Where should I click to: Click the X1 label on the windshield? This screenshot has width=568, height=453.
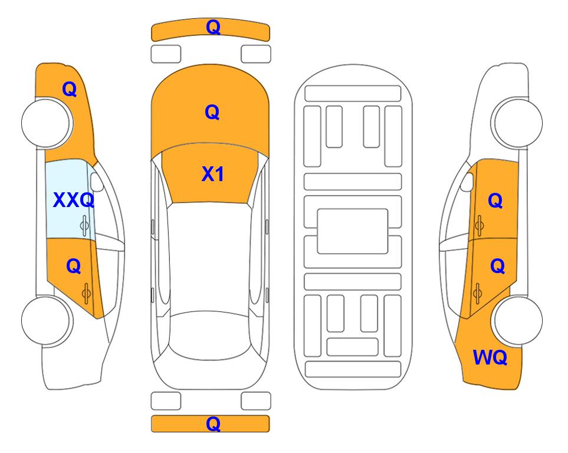click(x=212, y=174)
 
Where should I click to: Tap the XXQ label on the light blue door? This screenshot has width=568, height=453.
click(x=74, y=200)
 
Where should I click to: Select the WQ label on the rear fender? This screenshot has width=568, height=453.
click(x=490, y=357)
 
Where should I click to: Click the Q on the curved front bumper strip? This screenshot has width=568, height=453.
click(x=213, y=27)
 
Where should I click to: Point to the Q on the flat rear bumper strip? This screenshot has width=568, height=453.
click(x=213, y=424)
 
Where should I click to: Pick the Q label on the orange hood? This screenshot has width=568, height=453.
click(x=212, y=112)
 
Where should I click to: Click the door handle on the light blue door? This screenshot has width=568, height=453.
click(x=84, y=225)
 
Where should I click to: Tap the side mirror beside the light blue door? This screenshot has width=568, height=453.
click(x=97, y=182)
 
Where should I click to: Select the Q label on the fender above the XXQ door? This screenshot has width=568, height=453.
click(x=69, y=89)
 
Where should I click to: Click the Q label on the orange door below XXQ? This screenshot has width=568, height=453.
click(x=74, y=267)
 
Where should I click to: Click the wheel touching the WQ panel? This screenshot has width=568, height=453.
click(x=517, y=320)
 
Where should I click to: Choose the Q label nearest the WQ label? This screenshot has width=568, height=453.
click(x=497, y=267)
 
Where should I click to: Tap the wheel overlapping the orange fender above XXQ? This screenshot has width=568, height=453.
click(x=47, y=123)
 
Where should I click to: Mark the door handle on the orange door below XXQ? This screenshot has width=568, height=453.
click(x=86, y=294)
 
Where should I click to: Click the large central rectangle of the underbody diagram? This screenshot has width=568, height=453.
click(x=353, y=231)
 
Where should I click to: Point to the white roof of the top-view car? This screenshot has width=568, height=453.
click(x=210, y=257)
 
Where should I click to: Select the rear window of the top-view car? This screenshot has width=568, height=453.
click(x=210, y=336)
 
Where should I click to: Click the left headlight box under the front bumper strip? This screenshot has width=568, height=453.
click(x=166, y=54)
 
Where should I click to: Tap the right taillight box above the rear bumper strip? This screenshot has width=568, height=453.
click(x=256, y=401)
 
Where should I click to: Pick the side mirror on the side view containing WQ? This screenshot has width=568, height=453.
click(x=467, y=182)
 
